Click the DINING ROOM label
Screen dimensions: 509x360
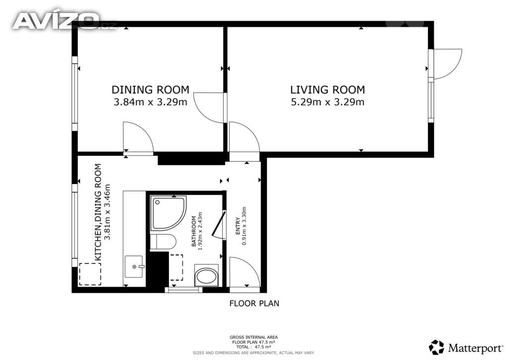point(150,90)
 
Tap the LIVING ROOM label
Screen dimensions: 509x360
point(328,90)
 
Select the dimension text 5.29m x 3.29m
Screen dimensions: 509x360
point(328,102)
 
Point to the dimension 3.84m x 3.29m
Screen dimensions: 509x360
point(150,102)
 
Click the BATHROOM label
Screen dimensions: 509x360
point(194,231)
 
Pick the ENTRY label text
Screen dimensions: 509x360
point(238,226)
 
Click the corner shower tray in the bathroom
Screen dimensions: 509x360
point(169,213)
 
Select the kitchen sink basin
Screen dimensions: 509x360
point(134,267)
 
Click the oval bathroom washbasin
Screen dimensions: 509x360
point(206,276)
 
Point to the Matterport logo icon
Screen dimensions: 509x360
point(436,348)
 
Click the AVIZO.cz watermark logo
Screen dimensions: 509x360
point(64,21)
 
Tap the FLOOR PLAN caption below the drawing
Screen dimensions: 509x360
point(254,303)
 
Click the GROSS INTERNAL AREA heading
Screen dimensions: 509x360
point(254,337)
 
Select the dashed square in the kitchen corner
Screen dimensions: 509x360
point(90,274)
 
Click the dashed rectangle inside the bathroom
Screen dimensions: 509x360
point(176,268)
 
